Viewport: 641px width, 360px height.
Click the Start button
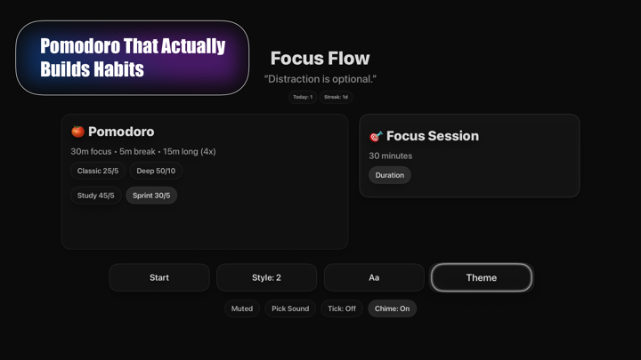pos(159,277)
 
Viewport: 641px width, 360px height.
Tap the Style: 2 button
pos(266,277)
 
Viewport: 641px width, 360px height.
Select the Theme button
pos(481,277)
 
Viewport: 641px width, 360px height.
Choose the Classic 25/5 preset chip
pos(98,171)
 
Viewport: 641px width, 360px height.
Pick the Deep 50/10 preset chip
pos(156,171)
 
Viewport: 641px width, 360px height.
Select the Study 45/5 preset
pos(95,196)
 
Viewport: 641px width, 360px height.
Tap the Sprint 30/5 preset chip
pos(151,196)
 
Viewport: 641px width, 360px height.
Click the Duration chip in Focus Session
pos(390,175)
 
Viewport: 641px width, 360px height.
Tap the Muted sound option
pos(242,308)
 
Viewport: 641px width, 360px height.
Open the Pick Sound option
pos(290,308)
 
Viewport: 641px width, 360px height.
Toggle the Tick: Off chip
pos(342,308)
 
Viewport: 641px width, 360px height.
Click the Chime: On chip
pos(392,308)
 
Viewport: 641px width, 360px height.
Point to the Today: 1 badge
pos(303,97)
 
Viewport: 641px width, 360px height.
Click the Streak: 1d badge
pos(336,97)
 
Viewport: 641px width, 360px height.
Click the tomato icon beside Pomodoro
pos(77,132)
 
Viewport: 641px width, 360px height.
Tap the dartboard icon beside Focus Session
pos(376,136)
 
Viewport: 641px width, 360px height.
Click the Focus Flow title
pos(320,59)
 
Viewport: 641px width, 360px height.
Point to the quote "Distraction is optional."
pos(320,79)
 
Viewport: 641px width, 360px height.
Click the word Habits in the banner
pos(121,68)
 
